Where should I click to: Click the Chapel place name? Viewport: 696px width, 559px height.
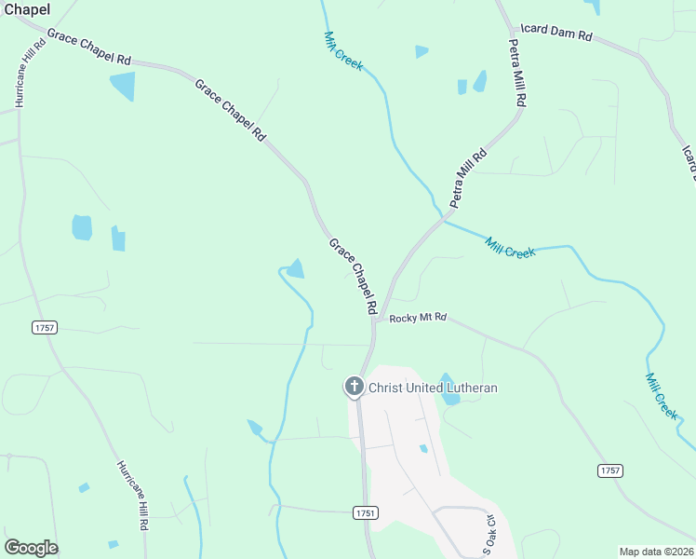click(25, 9)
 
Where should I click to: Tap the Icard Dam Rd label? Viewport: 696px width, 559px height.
click(556, 33)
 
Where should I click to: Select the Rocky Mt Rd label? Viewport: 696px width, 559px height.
click(419, 318)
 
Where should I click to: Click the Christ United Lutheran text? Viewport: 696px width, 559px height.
click(433, 388)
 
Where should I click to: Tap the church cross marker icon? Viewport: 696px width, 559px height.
click(354, 386)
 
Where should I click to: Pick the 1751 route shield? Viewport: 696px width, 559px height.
click(367, 513)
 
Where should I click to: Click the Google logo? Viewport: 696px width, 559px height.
click(31, 548)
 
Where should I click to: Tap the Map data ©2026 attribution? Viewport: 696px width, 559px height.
click(655, 551)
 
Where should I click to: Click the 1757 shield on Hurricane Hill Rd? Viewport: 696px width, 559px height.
click(44, 327)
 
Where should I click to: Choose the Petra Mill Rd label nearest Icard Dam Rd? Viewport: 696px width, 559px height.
click(517, 72)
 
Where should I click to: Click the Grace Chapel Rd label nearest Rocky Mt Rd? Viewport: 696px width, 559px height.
click(353, 276)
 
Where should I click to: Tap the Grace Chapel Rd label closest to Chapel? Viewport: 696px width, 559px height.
click(89, 48)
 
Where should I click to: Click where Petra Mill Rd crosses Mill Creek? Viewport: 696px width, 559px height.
click(441, 220)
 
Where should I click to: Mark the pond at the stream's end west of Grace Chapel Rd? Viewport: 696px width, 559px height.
click(296, 269)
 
